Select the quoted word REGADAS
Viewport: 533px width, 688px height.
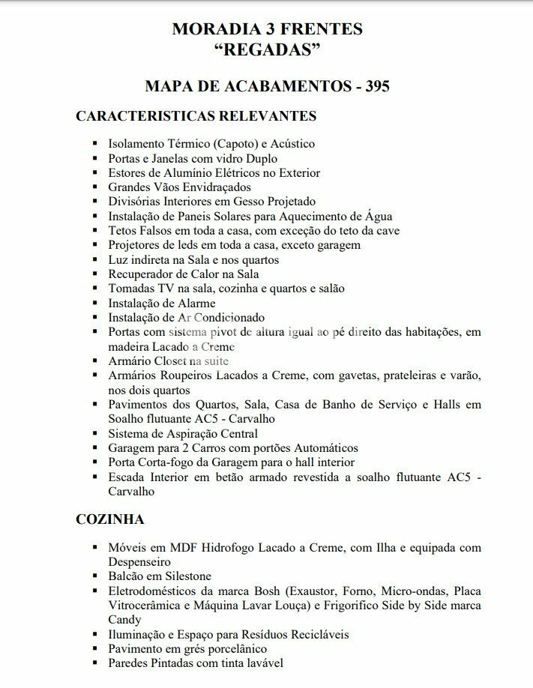point(267,51)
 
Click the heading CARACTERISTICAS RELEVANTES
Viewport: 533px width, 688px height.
point(196,116)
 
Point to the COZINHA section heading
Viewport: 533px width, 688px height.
point(109,519)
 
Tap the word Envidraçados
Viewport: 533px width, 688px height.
point(214,187)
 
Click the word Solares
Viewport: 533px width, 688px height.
point(234,216)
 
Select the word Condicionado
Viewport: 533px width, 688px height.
point(229,318)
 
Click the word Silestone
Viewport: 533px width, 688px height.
point(184,576)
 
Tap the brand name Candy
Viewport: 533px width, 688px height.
point(124,620)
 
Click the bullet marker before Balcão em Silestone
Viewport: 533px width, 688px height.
point(95,576)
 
